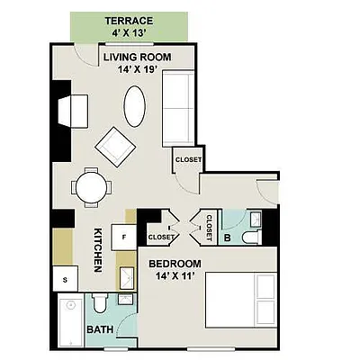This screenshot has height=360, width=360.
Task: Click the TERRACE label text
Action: point(129,21)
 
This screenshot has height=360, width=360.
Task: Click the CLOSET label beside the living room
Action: point(188,159)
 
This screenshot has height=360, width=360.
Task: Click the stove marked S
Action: point(65,279)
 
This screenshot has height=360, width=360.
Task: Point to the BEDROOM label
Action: point(175,264)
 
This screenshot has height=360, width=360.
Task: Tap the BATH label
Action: point(100,330)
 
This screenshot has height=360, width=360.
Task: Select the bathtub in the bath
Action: point(70,319)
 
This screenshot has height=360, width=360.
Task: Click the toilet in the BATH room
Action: point(99,302)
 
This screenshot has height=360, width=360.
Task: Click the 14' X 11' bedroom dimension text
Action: point(175,277)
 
